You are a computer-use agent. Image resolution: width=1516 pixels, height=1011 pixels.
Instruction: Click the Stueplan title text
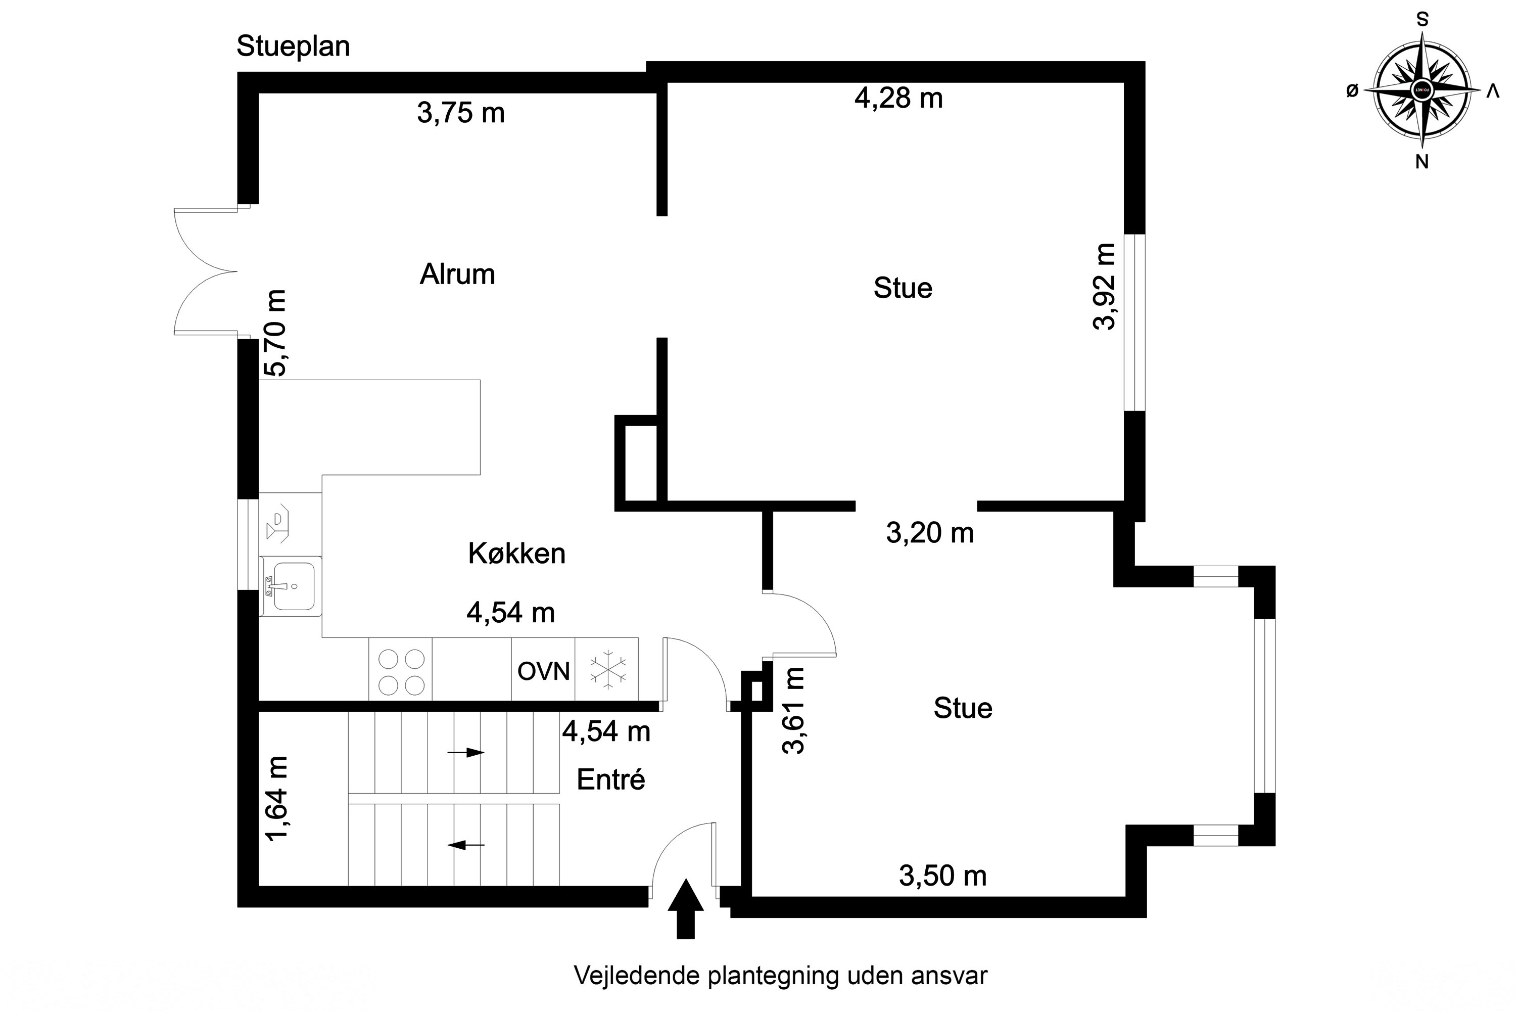pyautogui.click(x=293, y=47)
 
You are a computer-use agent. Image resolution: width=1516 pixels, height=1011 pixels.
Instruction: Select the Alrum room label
pyautogui.click(x=458, y=274)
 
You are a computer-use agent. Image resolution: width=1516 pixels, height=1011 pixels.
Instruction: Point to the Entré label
pyautogui.click(x=611, y=779)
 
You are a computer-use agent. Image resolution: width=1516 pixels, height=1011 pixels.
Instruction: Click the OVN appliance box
pyautogui.click(x=543, y=669)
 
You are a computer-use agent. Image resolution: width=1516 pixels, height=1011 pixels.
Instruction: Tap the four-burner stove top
pyautogui.click(x=400, y=669)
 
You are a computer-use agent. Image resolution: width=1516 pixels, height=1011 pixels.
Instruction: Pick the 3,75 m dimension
pyautogui.click(x=461, y=113)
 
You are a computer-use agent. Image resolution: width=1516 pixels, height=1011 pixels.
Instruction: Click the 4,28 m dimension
pyautogui.click(x=898, y=99)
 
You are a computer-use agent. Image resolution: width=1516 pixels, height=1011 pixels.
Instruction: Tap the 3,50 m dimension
pyautogui.click(x=943, y=876)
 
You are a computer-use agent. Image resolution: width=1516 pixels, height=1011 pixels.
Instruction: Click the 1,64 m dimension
pyautogui.click(x=276, y=798)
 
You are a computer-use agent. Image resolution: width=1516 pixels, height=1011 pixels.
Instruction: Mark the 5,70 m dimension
pyautogui.click(x=275, y=333)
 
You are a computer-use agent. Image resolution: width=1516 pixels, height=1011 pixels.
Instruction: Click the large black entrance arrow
pyautogui.click(x=686, y=908)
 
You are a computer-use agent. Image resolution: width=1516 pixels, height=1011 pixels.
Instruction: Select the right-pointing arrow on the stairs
pyautogui.click(x=466, y=753)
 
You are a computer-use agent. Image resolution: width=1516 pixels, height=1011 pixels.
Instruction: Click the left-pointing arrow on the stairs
pyautogui.click(x=466, y=845)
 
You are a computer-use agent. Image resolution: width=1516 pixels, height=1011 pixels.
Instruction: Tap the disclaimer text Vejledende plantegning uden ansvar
pyautogui.click(x=781, y=976)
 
